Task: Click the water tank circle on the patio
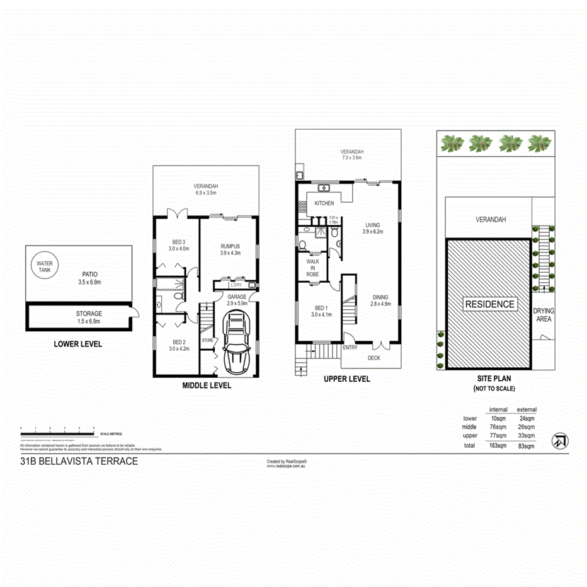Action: [45, 266]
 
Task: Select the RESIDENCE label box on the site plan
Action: [490, 304]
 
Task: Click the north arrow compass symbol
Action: [558, 441]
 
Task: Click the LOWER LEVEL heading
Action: [78, 344]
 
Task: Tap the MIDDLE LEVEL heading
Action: [207, 385]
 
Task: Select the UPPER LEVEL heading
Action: [346, 379]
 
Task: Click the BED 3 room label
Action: [180, 241]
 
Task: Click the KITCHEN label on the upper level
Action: [324, 203]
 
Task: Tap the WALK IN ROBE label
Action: [313, 267]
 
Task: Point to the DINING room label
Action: [380, 297]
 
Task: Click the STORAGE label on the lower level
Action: [89, 313]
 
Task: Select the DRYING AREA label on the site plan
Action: [543, 315]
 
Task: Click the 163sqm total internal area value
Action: [498, 446]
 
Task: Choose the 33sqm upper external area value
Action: [527, 435]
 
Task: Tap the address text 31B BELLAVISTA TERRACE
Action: [79, 461]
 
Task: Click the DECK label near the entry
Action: [373, 358]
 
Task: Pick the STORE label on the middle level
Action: [208, 340]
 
